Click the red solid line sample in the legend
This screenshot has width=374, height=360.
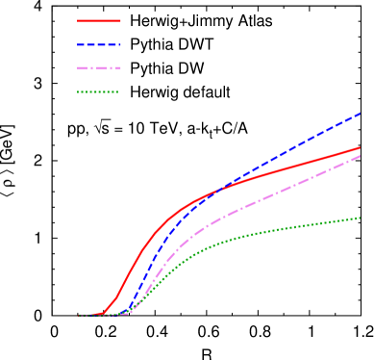[x=99, y=20]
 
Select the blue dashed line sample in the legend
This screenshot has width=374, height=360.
[x=99, y=44]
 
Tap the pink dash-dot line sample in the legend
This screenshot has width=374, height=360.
[x=99, y=68]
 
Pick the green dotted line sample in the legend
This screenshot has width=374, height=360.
[x=98, y=92]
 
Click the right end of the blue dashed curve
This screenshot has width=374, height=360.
[x=361, y=113]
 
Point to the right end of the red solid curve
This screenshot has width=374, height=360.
[x=361, y=147]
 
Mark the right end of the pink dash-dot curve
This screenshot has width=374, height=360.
[x=361, y=155]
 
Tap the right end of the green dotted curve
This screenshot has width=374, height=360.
[x=361, y=218]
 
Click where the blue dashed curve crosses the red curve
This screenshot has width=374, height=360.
[x=221, y=189]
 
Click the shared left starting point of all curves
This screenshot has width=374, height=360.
[x=79, y=315]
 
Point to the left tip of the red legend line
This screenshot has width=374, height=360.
[x=78, y=20]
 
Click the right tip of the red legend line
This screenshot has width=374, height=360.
[x=121, y=20]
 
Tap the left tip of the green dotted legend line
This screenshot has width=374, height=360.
[x=78, y=92]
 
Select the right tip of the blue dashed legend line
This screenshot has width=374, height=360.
[x=121, y=44]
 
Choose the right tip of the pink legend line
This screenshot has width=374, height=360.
[x=121, y=68]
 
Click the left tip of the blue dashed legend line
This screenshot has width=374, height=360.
[x=78, y=44]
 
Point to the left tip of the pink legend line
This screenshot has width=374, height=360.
[x=78, y=68]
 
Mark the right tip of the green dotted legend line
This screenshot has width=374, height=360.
[x=119, y=92]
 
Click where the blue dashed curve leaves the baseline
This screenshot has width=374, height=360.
[x=125, y=312]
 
